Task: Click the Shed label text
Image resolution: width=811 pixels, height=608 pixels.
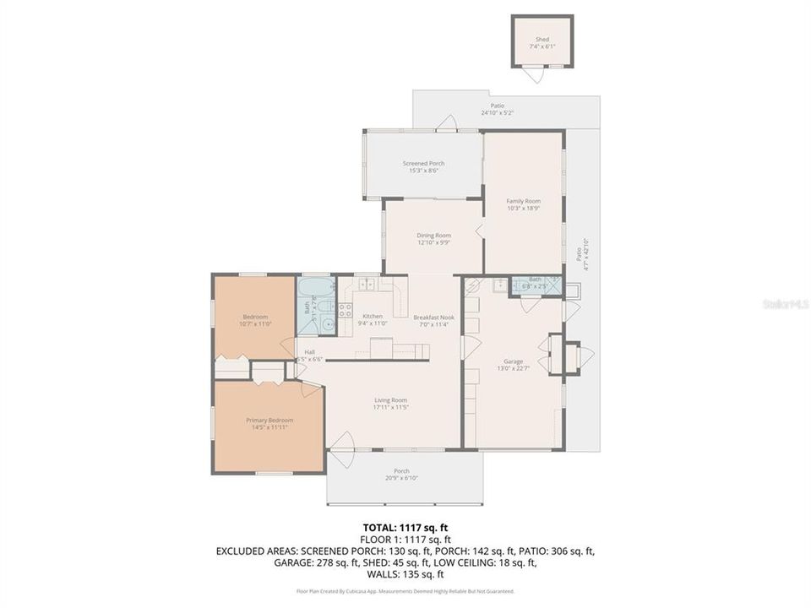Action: click(x=542, y=40)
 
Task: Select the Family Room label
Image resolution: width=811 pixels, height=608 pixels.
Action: click(x=523, y=201)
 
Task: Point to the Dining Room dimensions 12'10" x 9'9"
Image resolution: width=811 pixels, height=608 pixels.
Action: click(x=433, y=242)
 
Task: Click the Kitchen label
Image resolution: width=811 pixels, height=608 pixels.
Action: click(x=373, y=316)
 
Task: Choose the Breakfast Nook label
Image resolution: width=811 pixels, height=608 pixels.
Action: click(x=433, y=317)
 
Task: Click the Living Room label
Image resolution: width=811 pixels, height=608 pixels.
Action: click(x=391, y=400)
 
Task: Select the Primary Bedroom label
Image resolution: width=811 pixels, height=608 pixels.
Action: click(x=269, y=420)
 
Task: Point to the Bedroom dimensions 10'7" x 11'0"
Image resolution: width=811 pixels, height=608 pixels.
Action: click(x=255, y=323)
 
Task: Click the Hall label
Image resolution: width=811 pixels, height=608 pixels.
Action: click(x=310, y=352)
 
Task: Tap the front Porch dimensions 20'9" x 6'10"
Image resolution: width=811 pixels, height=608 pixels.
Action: click(x=402, y=478)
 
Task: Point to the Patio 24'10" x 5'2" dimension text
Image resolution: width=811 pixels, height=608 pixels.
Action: click(x=498, y=113)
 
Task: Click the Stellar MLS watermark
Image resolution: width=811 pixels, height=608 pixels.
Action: click(x=784, y=302)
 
